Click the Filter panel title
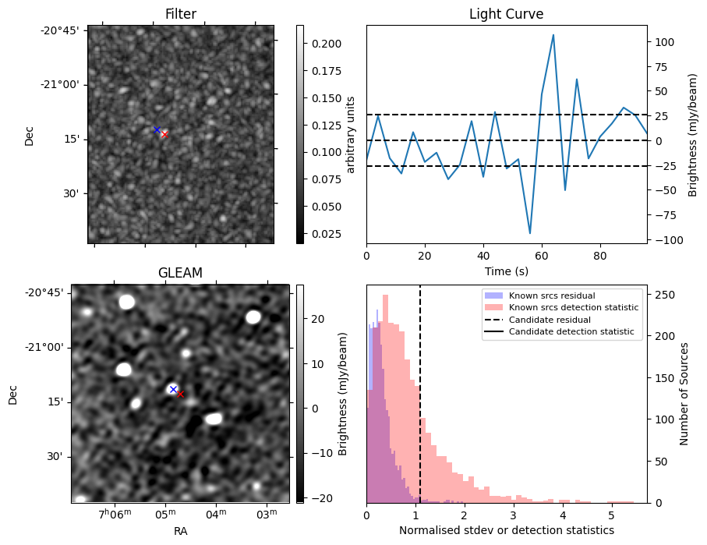coord(180,14)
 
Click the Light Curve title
coord(506,14)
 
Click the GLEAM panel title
coord(180,273)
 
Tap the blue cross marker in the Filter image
coord(157,129)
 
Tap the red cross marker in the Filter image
coord(164,135)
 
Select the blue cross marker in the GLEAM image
coord(173,388)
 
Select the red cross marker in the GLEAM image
coord(180,395)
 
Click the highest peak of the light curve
coord(553,34)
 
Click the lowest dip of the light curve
coord(530,233)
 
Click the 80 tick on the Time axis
coord(599,255)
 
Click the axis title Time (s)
coord(506,270)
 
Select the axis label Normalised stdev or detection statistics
coord(506,530)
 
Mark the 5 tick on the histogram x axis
coord(611,515)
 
